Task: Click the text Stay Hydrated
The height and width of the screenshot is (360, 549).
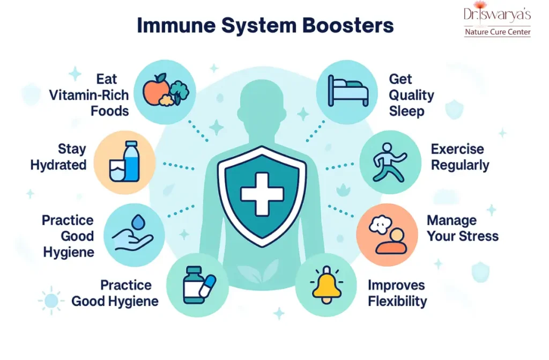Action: tap(58, 157)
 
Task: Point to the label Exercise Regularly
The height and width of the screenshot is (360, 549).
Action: tap(460, 157)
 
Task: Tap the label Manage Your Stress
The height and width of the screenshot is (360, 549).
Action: tap(462, 228)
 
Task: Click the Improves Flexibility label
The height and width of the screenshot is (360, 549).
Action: tap(397, 293)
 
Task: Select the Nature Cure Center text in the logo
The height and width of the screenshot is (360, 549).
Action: tap(498, 32)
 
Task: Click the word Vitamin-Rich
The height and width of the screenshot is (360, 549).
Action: tap(89, 95)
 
